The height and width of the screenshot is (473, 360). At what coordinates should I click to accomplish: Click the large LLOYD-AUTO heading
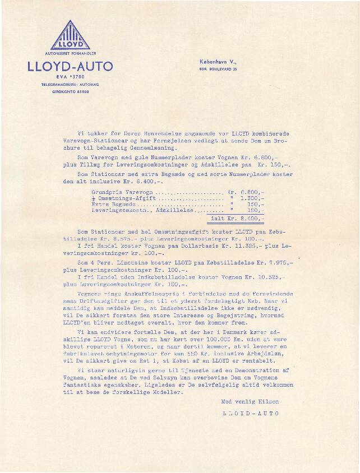pos(70,66)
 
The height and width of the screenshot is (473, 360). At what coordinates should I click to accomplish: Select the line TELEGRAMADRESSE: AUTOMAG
pos(70,84)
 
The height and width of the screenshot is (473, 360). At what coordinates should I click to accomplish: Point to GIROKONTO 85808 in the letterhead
pos(70,91)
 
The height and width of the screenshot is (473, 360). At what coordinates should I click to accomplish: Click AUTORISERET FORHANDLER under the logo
pos(70,55)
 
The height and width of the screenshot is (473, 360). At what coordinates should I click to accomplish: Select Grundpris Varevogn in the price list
pos(117,192)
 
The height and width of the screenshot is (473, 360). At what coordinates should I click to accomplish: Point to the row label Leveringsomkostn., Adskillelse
pos(142,212)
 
